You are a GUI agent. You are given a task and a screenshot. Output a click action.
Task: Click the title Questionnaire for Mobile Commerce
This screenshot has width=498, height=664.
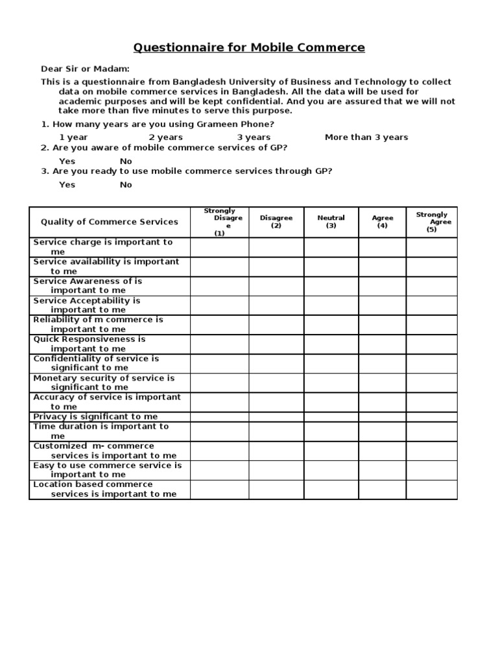[x=249, y=48]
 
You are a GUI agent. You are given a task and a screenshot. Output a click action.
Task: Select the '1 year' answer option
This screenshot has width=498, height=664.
[x=73, y=137]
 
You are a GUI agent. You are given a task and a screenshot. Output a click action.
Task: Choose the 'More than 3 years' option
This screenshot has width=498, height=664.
[x=366, y=137]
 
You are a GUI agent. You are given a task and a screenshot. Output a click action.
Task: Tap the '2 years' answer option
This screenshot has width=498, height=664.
[x=165, y=137]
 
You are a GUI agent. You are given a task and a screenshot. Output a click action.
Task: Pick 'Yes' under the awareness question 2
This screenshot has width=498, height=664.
[x=67, y=161]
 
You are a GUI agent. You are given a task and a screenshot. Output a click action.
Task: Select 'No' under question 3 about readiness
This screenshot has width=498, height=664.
[x=126, y=185]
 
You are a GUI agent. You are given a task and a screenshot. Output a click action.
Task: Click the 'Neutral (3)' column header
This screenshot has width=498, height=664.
[x=331, y=222]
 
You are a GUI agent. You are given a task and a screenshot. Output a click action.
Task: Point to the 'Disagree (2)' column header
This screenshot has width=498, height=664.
[x=276, y=222]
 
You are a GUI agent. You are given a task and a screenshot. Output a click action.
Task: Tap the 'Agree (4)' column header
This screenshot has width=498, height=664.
[x=383, y=222]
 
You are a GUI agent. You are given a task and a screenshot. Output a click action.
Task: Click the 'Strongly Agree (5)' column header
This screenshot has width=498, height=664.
[x=432, y=222]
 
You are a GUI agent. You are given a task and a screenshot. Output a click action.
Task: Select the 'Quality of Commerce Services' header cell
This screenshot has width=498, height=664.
[x=109, y=222]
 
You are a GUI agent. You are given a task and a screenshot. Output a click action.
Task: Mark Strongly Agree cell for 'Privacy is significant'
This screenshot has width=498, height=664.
[x=432, y=417]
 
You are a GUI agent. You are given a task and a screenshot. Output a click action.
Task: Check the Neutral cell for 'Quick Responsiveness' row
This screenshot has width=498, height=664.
[x=331, y=344]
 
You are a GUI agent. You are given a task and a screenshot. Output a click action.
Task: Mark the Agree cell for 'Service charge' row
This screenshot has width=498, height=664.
[x=383, y=247]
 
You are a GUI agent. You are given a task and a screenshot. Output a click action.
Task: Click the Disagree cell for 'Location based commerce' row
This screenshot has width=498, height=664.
[x=276, y=490]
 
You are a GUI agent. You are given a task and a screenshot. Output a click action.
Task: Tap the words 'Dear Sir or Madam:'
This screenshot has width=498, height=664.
[x=85, y=69]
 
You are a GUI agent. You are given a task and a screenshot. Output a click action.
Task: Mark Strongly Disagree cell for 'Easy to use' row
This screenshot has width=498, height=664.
[x=219, y=470]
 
